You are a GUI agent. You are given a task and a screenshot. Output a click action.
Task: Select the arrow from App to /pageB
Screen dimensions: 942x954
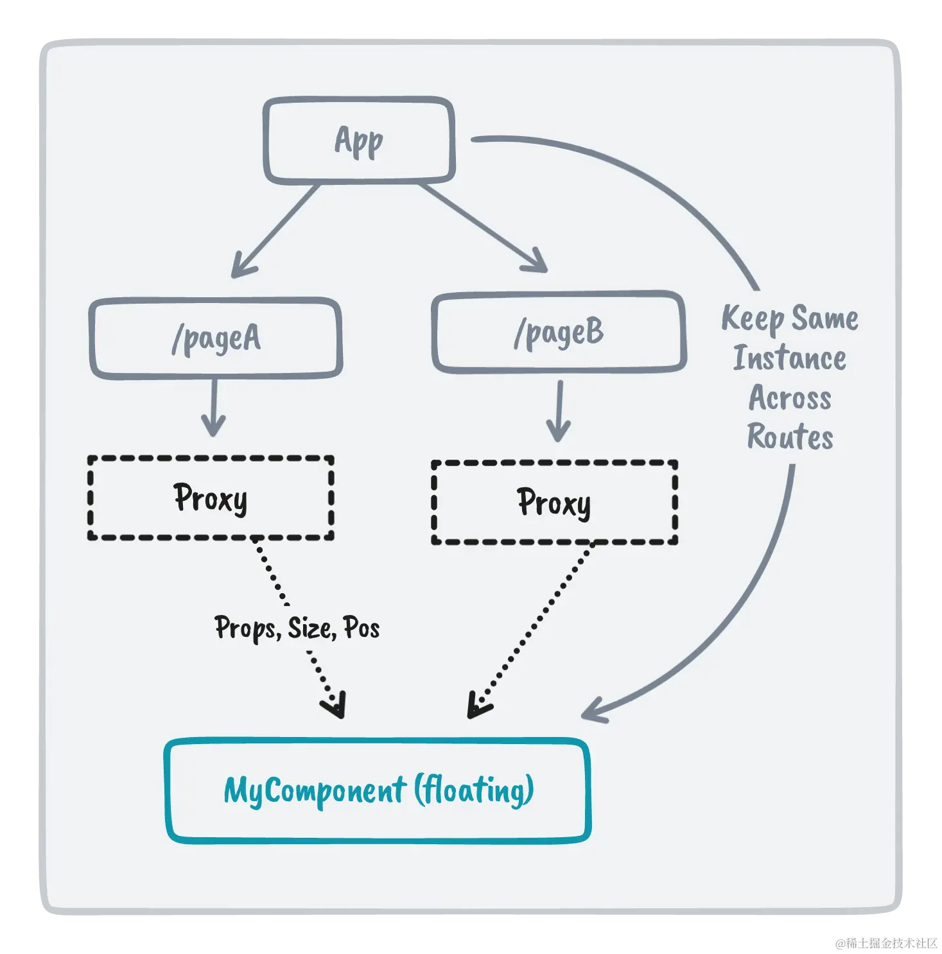tap(483, 228)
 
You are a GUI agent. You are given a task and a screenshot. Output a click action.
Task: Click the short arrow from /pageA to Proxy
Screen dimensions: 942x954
tap(214, 408)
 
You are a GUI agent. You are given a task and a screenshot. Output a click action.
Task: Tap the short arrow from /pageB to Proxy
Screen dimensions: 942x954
tap(559, 411)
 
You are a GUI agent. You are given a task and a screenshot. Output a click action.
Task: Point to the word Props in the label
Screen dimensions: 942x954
tap(248, 628)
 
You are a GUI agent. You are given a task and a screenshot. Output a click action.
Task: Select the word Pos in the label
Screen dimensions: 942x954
tap(362, 628)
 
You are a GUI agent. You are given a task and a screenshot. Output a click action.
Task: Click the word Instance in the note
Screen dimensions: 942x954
tap(790, 358)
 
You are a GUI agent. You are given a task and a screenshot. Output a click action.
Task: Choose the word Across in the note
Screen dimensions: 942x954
tap(790, 398)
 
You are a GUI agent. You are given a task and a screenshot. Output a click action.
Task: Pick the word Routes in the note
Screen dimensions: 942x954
tap(790, 437)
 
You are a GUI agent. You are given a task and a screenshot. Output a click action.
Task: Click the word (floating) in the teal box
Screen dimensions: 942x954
tap(474, 790)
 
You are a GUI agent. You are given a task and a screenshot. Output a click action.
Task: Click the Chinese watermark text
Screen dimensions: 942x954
tap(886, 943)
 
